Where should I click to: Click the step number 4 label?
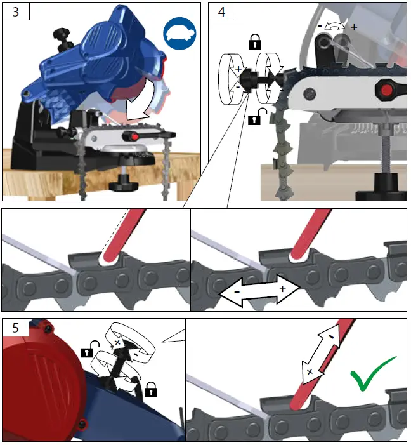[x=221, y=11]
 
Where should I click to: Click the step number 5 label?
[x=14, y=328]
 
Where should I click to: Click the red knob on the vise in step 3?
[x=133, y=136]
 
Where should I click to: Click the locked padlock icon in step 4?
[x=254, y=43]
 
